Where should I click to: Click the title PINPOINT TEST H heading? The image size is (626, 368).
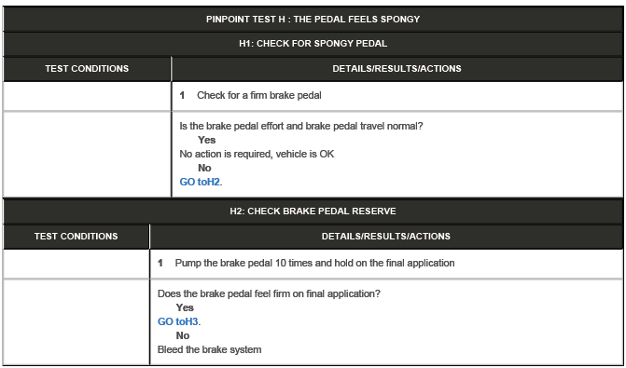(313, 19)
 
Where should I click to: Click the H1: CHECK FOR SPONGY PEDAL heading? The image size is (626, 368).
(313, 43)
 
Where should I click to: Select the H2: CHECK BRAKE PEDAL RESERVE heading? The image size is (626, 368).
(313, 211)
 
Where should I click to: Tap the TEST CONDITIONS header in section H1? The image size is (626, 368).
(87, 68)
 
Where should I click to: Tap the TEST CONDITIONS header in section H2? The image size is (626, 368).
(76, 237)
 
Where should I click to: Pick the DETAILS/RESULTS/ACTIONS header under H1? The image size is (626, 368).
(396, 68)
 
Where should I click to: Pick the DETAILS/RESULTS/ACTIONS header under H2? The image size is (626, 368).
(385, 237)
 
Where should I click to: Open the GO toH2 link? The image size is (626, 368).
(201, 182)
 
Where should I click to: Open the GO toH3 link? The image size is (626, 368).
(178, 321)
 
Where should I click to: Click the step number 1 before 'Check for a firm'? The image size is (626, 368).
(183, 96)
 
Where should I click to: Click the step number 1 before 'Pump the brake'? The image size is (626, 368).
(161, 263)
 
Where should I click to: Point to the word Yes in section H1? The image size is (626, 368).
(206, 140)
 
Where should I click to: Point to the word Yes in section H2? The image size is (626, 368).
(185, 307)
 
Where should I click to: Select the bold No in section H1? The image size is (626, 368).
(204, 168)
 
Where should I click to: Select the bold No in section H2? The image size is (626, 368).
(183, 335)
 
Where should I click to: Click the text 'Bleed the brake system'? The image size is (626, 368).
(209, 349)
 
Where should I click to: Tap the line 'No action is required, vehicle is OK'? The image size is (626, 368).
(257, 154)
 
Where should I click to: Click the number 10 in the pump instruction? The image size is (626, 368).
(267, 263)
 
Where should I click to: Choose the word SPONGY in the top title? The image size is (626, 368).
(386, 19)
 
